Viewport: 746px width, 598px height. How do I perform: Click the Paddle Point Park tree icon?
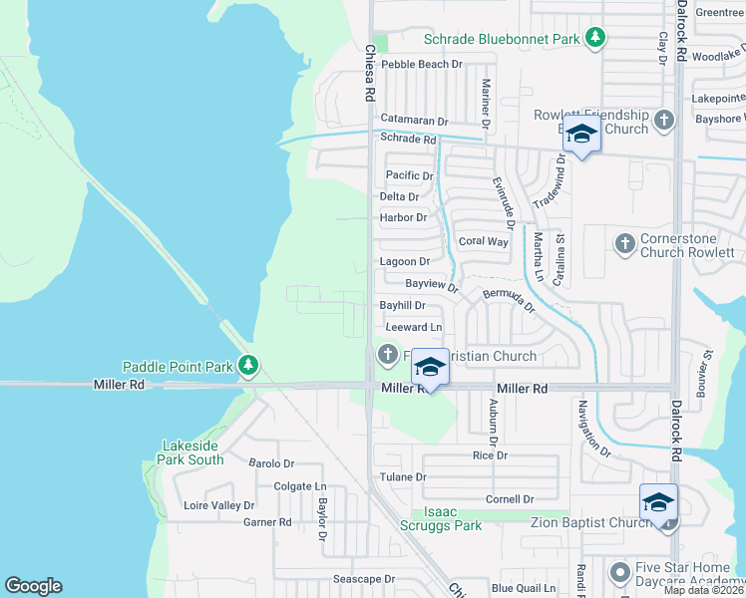click(x=249, y=367)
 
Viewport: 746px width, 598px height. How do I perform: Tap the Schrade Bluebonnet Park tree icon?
click(x=595, y=39)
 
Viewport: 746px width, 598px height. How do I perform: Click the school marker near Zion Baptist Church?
click(x=658, y=502)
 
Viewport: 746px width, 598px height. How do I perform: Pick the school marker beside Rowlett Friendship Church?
click(x=580, y=134)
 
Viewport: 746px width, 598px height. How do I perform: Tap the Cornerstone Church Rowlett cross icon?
click(x=624, y=242)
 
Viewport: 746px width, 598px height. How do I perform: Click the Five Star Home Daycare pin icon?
click(x=619, y=571)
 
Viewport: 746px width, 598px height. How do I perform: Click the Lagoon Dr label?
click(x=404, y=261)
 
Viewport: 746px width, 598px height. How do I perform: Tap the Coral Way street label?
click(x=483, y=241)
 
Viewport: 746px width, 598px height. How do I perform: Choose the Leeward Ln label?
click(x=413, y=327)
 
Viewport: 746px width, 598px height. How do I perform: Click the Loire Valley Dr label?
click(x=219, y=505)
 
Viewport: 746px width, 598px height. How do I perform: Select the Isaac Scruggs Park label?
click(x=440, y=518)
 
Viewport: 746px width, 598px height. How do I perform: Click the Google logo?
click(x=33, y=586)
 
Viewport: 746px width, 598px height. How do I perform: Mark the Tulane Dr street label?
click(x=403, y=477)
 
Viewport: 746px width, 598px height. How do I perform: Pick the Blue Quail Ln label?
click(x=523, y=588)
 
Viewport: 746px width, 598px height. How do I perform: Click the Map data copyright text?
click(x=703, y=590)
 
